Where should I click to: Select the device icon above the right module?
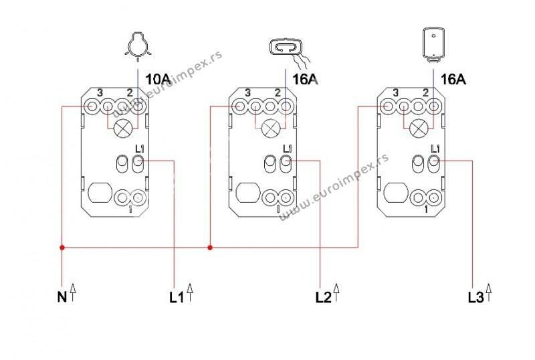point(433,45)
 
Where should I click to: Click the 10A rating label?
point(158,79)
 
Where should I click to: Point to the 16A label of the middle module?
point(305,79)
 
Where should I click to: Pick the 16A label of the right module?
point(453,79)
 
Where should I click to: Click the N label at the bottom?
point(62,297)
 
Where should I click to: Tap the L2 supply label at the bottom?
point(324,298)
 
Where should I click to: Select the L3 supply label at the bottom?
point(475,298)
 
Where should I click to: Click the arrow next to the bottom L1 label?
point(190,292)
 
